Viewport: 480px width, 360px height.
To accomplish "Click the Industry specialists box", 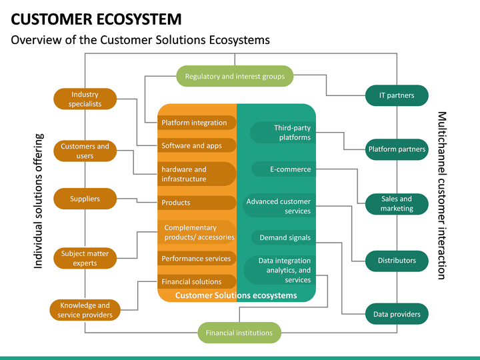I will pyautogui.click(x=85, y=99).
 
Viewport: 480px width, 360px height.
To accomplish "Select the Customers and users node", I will pyautogui.click(x=85, y=151).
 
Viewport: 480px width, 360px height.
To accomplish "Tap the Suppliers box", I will pyautogui.click(x=85, y=199).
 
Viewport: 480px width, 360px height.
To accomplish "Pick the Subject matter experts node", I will pyautogui.click(x=85, y=258).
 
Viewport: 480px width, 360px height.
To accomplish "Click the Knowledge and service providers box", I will pyautogui.click(x=85, y=310).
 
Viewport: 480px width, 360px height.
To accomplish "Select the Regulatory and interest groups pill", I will pyautogui.click(x=235, y=77).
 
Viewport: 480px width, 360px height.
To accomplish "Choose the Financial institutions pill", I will pyautogui.click(x=239, y=333).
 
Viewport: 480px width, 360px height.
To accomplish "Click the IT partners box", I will pyautogui.click(x=397, y=95).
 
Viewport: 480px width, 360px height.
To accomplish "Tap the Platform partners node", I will pyautogui.click(x=397, y=149).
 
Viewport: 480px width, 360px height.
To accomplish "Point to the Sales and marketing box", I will pyautogui.click(x=397, y=203).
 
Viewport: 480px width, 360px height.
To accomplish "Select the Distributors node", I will pyautogui.click(x=397, y=261).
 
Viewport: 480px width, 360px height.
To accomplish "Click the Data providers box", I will pyautogui.click(x=397, y=314).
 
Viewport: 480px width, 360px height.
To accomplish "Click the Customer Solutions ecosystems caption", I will pyautogui.click(x=236, y=295).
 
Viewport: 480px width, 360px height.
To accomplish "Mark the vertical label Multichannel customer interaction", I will pyautogui.click(x=441, y=195).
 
